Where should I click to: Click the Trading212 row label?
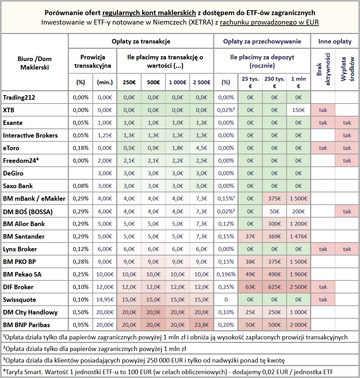[19, 98]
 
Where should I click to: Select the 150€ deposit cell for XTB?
[299, 110]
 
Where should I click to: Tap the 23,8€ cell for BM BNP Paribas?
[202, 325]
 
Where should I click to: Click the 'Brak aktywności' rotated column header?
[323, 69]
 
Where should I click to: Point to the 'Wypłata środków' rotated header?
[347, 69]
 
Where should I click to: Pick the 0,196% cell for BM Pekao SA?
[226, 274]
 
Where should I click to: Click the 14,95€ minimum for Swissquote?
[105, 300]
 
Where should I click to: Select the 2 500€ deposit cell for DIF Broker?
[299, 287]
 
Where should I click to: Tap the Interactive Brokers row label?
[31, 135]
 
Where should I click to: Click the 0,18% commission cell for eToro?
[80, 148]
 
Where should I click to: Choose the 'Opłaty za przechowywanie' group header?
[262, 41]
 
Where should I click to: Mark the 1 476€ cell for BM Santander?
[299, 237]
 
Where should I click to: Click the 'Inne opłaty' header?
[335, 41]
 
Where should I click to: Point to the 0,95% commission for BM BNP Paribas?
[80, 325]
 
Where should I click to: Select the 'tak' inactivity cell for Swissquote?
[323, 300]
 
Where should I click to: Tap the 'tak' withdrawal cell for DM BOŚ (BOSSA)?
[347, 211]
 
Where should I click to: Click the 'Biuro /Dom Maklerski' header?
[34, 63]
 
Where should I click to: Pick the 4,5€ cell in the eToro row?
[202, 148]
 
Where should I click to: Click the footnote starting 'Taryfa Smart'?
[168, 372]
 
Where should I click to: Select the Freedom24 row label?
[21, 160]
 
